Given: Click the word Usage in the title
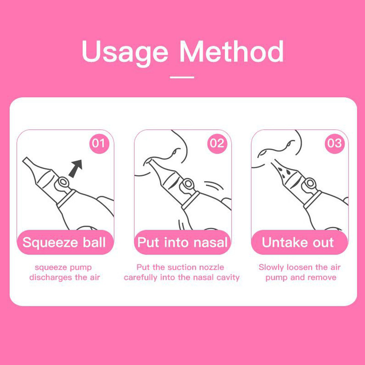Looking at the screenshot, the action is click(x=125, y=53).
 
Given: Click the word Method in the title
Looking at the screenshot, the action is click(x=232, y=51).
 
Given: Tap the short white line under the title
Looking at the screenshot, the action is click(x=182, y=77).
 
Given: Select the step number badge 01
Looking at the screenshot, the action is click(x=99, y=143).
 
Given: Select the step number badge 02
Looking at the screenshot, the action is click(x=217, y=143).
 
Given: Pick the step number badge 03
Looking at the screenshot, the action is click(x=335, y=143).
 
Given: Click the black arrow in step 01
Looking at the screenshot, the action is click(x=76, y=168).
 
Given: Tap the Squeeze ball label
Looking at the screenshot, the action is click(x=64, y=242).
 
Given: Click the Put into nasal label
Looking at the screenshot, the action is click(x=182, y=242).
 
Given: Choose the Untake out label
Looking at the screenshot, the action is click(x=298, y=242).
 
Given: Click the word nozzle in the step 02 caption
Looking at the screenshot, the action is click(x=211, y=267).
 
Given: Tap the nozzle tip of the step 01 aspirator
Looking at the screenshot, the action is click(x=26, y=161).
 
